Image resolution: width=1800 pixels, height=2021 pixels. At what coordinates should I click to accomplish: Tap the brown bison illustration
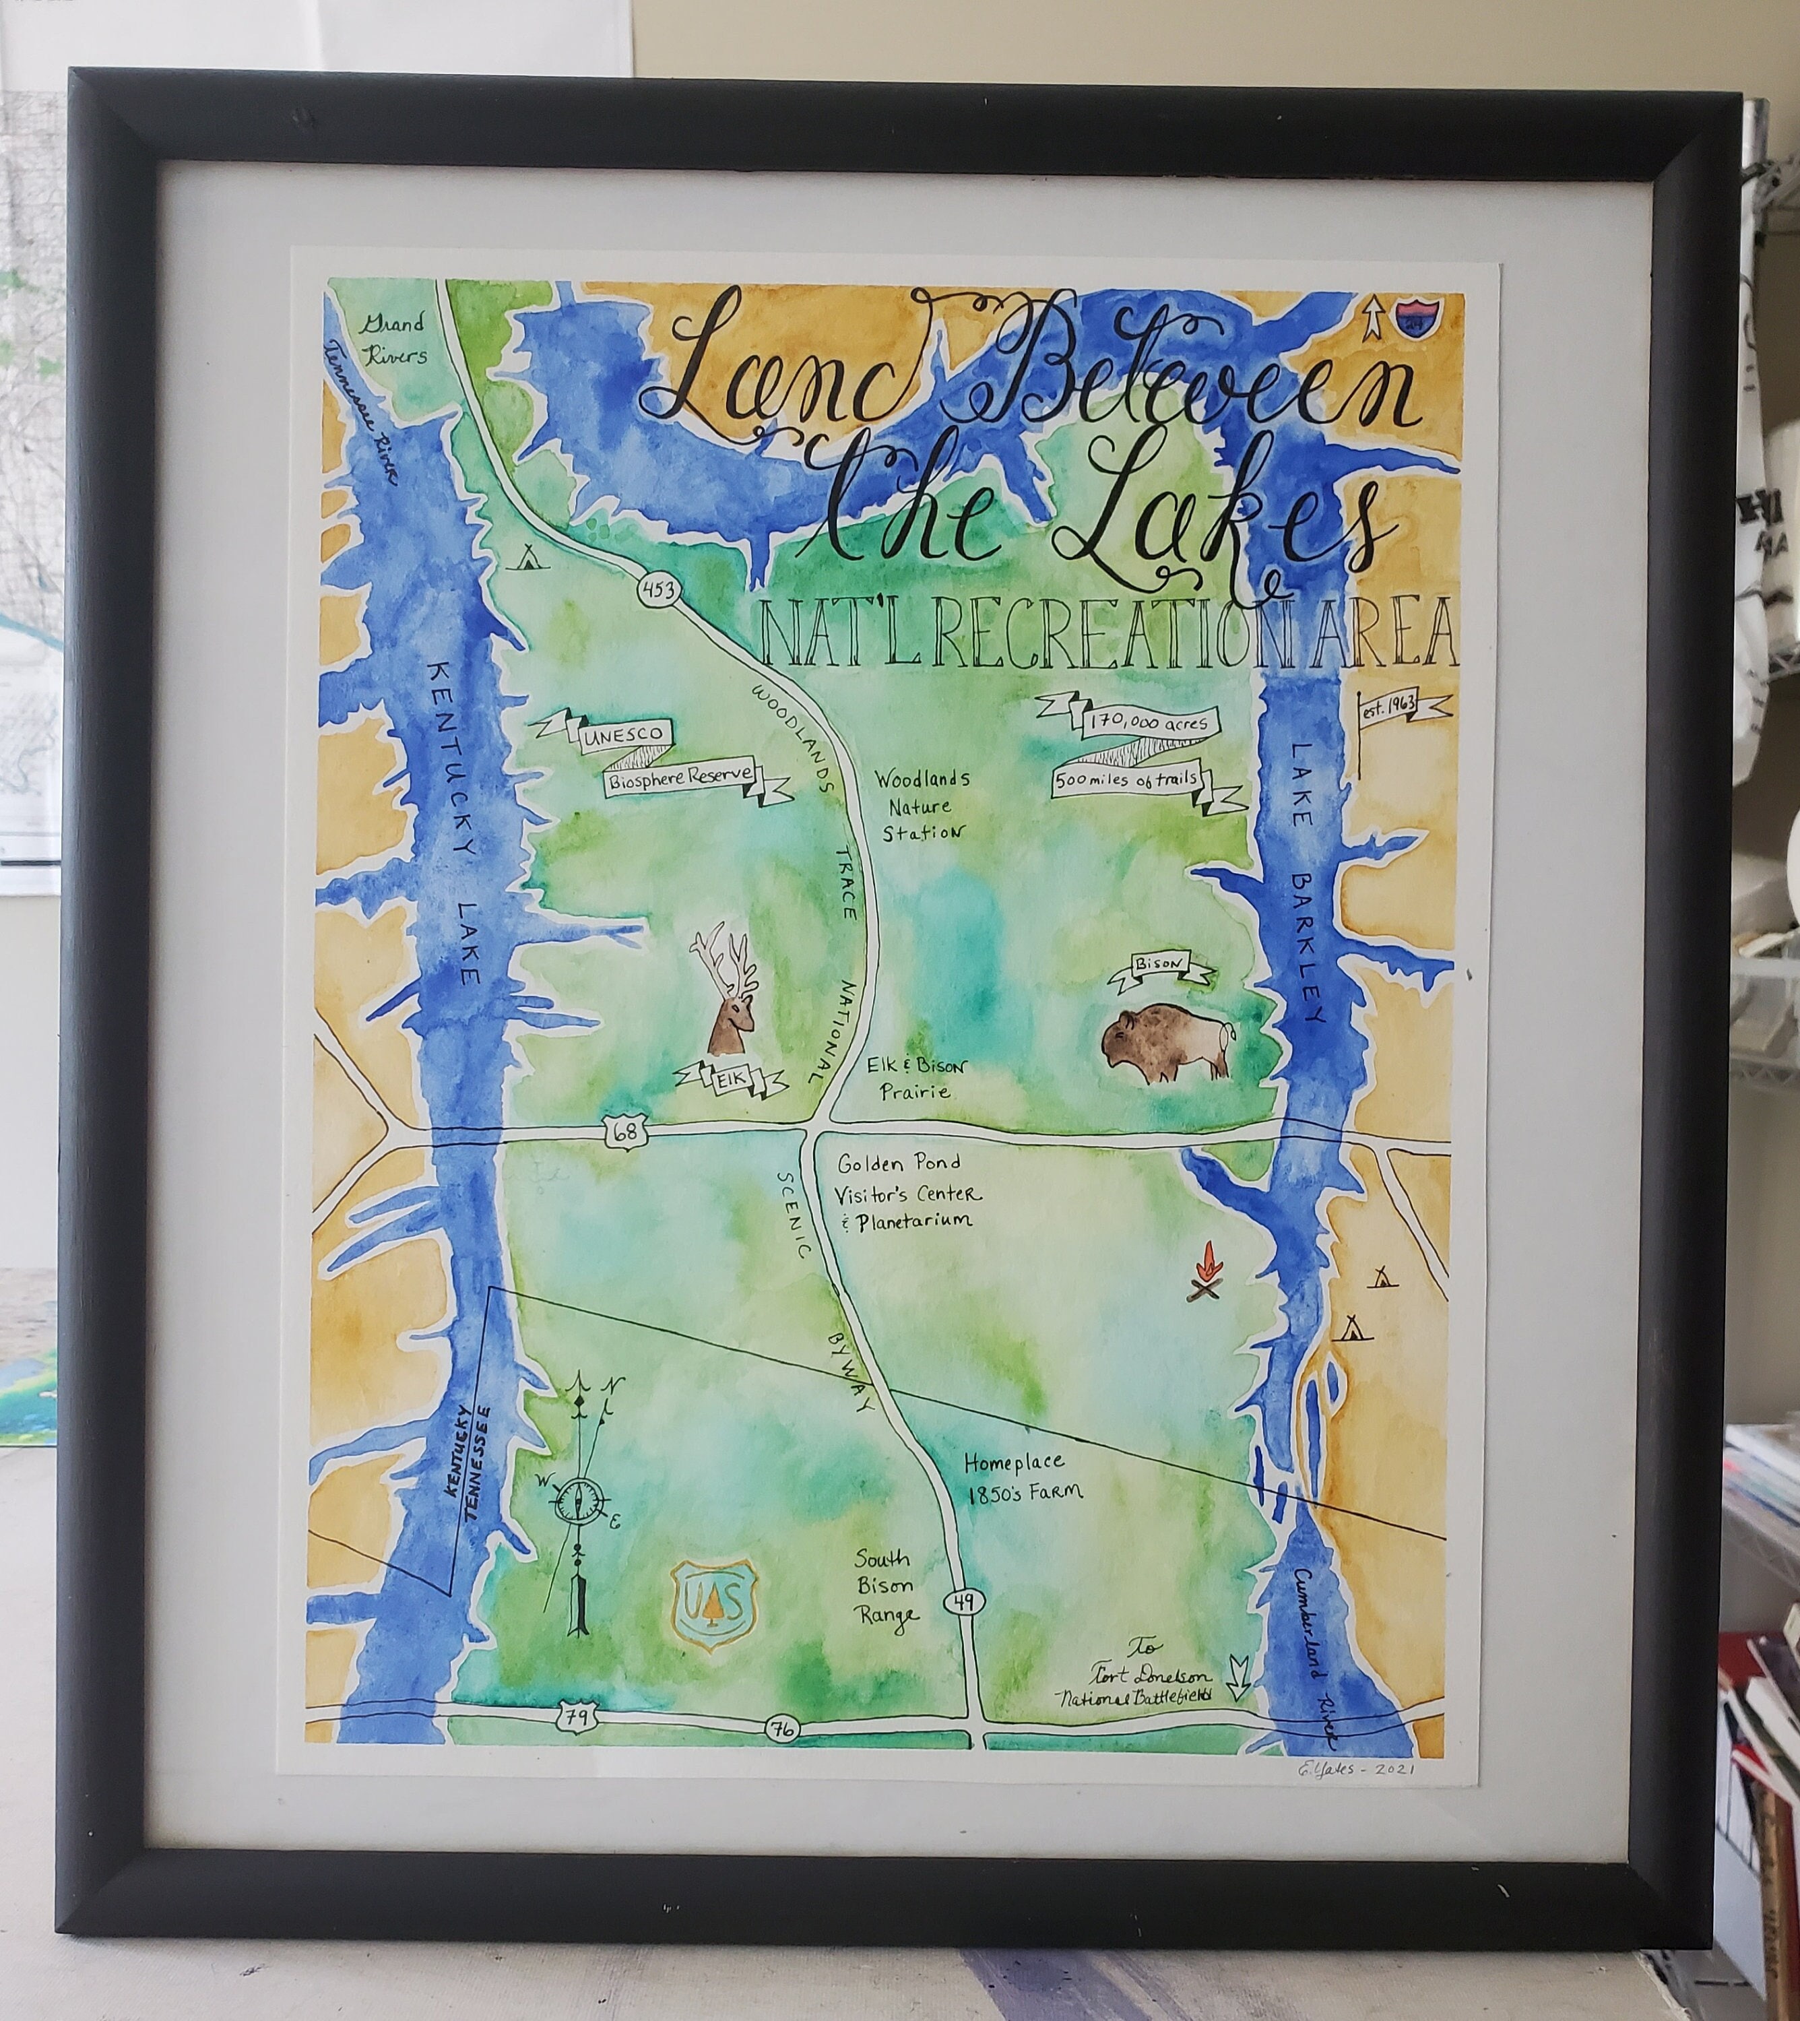pos(1167,1044)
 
